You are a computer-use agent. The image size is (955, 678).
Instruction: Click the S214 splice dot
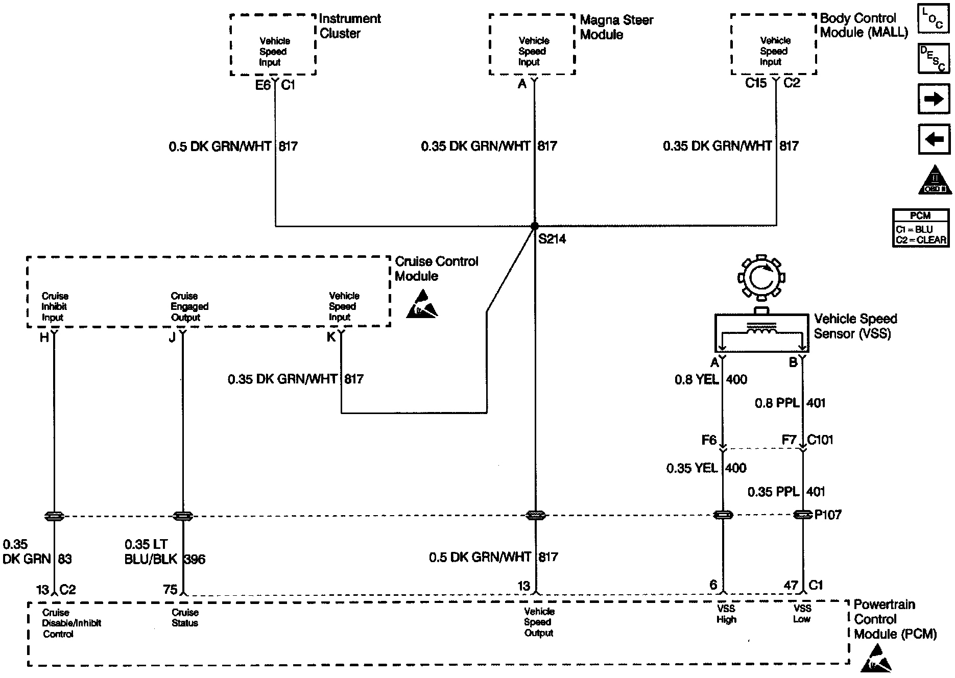pos(534,226)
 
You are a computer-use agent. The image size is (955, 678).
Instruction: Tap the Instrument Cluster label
pos(350,26)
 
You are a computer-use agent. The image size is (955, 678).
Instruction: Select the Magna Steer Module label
pos(616,28)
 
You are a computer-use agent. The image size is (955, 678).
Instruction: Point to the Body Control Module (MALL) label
pos(864,26)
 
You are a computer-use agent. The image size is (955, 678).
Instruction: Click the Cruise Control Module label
pos(436,269)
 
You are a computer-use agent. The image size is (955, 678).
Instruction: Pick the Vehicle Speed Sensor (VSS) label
pos(855,326)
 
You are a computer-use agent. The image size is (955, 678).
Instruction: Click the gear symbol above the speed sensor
pos(761,277)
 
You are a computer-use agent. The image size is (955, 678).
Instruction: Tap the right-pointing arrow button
pos(934,99)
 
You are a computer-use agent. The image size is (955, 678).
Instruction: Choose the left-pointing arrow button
pos(934,139)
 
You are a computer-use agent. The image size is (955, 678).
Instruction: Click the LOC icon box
pos(934,19)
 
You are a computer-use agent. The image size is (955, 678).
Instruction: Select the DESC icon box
pos(934,59)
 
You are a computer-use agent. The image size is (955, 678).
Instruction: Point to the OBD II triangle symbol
pos(935,180)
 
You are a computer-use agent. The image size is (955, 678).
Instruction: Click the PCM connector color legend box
pos(920,228)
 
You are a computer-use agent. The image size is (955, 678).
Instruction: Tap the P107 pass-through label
pos(827,515)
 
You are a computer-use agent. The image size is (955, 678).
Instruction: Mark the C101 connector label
pos(820,440)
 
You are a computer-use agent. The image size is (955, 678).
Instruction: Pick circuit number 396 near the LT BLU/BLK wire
pos(194,559)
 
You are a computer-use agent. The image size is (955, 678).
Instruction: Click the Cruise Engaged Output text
pos(189,306)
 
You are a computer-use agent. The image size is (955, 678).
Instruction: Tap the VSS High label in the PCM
pos(726,614)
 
